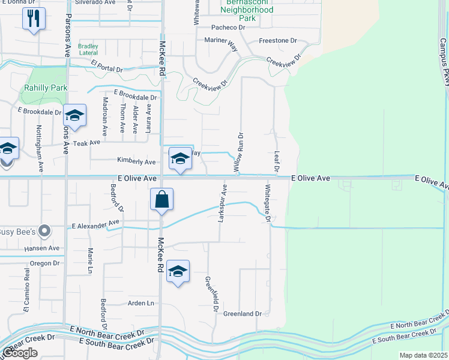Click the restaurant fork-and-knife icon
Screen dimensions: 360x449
(x=34, y=19)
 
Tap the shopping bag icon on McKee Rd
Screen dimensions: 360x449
(x=162, y=200)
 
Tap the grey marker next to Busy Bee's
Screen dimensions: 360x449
(x=43, y=231)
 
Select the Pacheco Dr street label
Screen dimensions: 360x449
(x=229, y=28)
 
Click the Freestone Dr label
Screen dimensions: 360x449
(x=278, y=41)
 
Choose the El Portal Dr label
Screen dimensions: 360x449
(x=107, y=65)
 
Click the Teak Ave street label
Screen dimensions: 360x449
(x=87, y=143)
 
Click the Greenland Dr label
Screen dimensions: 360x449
(x=243, y=314)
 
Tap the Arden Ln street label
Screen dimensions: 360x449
(x=141, y=304)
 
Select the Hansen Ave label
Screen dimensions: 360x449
(x=42, y=248)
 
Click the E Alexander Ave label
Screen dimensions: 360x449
(x=96, y=225)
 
